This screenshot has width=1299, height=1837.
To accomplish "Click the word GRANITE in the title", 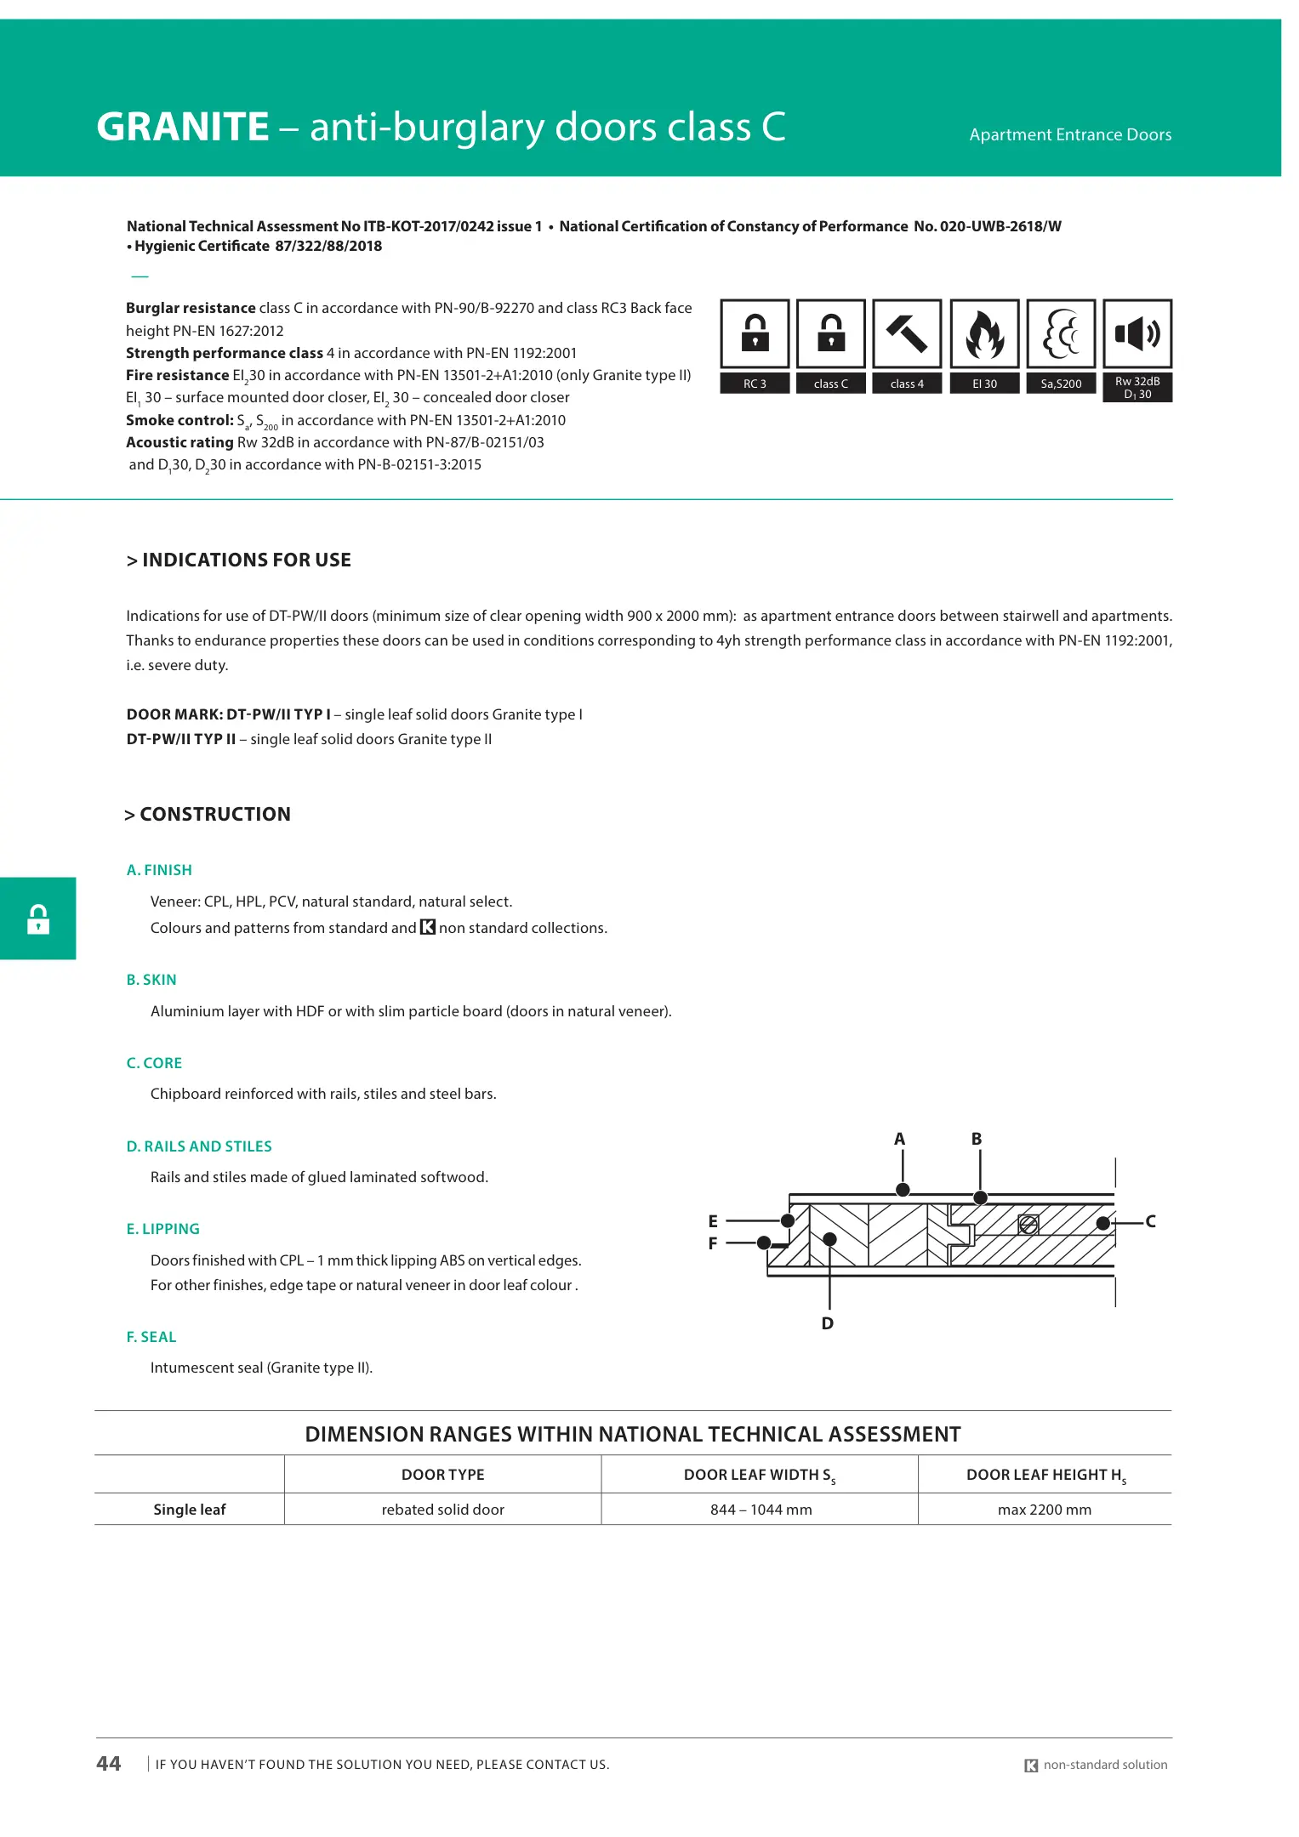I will coord(183,127).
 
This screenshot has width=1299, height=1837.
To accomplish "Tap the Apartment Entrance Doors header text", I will coord(1069,134).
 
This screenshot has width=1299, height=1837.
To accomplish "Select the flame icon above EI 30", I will coord(984,333).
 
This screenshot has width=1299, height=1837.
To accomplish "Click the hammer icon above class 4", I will coord(907,333).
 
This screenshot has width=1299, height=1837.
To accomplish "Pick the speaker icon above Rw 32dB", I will coord(1137,333).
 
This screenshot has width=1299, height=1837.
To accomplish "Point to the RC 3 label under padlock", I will coord(755,384).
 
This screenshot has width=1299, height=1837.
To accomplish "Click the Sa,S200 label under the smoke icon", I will coord(1061,384).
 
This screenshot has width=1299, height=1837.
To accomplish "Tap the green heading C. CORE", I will coord(154,1063).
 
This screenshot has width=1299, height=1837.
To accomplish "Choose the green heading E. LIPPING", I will coord(162,1229).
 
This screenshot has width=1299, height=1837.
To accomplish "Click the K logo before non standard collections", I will coord(428,927).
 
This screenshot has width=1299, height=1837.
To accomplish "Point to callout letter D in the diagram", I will coord(828,1323).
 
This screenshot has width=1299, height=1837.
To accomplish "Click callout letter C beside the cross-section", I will coord(1150,1221).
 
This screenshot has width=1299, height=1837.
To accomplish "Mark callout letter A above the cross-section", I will coord(899,1139).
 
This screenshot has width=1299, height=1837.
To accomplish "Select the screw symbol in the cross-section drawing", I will coord(1028,1224).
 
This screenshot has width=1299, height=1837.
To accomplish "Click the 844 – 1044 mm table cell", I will coord(761,1510).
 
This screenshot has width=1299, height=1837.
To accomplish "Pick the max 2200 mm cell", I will coord(1044,1510).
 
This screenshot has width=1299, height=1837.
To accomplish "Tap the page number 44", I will coord(109,1764).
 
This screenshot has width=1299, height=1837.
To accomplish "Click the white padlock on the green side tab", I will coord(38,919).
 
